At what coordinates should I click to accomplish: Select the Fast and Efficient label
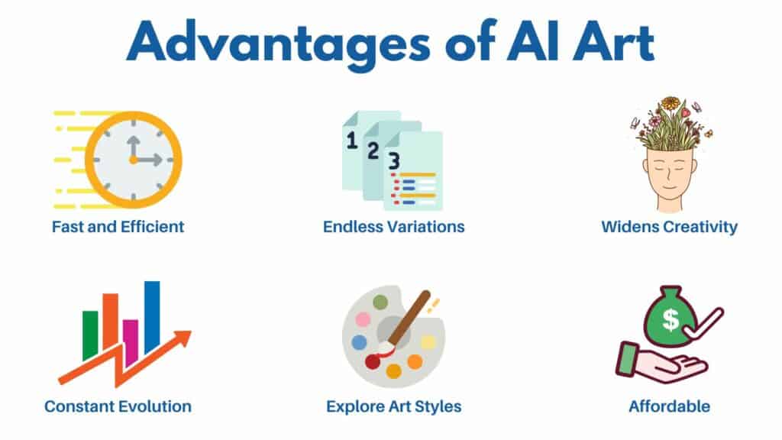(118, 227)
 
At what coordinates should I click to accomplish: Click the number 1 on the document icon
(352, 140)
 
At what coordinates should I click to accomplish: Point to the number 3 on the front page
(393, 161)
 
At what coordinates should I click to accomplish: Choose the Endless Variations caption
(393, 227)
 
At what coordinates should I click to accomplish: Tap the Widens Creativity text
(669, 227)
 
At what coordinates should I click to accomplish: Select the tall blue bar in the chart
(152, 316)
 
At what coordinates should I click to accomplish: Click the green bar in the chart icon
(90, 335)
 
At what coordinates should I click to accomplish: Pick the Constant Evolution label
(118, 406)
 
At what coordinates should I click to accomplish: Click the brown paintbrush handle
(412, 312)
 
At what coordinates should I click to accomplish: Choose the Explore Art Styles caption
(393, 406)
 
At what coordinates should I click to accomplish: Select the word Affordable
(669, 406)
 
